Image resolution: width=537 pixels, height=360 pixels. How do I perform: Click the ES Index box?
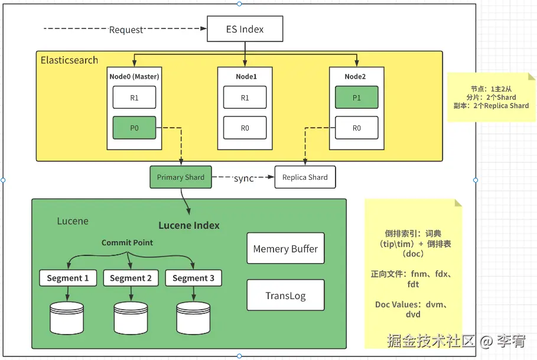[x=245, y=29]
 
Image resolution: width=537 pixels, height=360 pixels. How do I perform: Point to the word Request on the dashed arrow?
[x=126, y=30]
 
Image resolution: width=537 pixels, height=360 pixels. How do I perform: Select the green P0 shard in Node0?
[x=134, y=128]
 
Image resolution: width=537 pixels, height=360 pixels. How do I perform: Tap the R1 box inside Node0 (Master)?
[x=134, y=98]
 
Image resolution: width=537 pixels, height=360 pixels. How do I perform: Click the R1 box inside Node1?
[x=245, y=98]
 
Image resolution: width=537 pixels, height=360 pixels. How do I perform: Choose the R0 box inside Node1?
[x=245, y=128]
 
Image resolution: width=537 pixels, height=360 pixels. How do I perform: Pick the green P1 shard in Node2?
[x=356, y=98]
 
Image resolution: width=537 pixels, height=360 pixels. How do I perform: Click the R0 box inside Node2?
[x=356, y=128]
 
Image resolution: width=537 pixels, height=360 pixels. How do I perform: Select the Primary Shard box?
[x=181, y=177]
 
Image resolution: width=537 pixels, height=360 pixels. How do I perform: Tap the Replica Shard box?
[x=305, y=177]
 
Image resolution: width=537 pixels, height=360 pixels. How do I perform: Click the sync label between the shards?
[x=243, y=178]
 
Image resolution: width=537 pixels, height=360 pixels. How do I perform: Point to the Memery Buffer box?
[x=285, y=248]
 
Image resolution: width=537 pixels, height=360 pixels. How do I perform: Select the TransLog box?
[x=285, y=295]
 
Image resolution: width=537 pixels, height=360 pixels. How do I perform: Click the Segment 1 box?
[x=68, y=278]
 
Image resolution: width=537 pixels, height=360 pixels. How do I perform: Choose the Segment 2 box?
[x=131, y=278]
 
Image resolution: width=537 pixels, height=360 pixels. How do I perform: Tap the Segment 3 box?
[x=194, y=278]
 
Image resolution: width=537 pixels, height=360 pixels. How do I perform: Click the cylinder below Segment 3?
[x=194, y=318]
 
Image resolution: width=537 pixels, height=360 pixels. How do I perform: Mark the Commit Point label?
[x=127, y=242]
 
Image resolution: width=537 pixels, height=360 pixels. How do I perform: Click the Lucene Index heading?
[x=188, y=225]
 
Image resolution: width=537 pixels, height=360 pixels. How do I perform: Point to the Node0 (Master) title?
[x=134, y=76]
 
